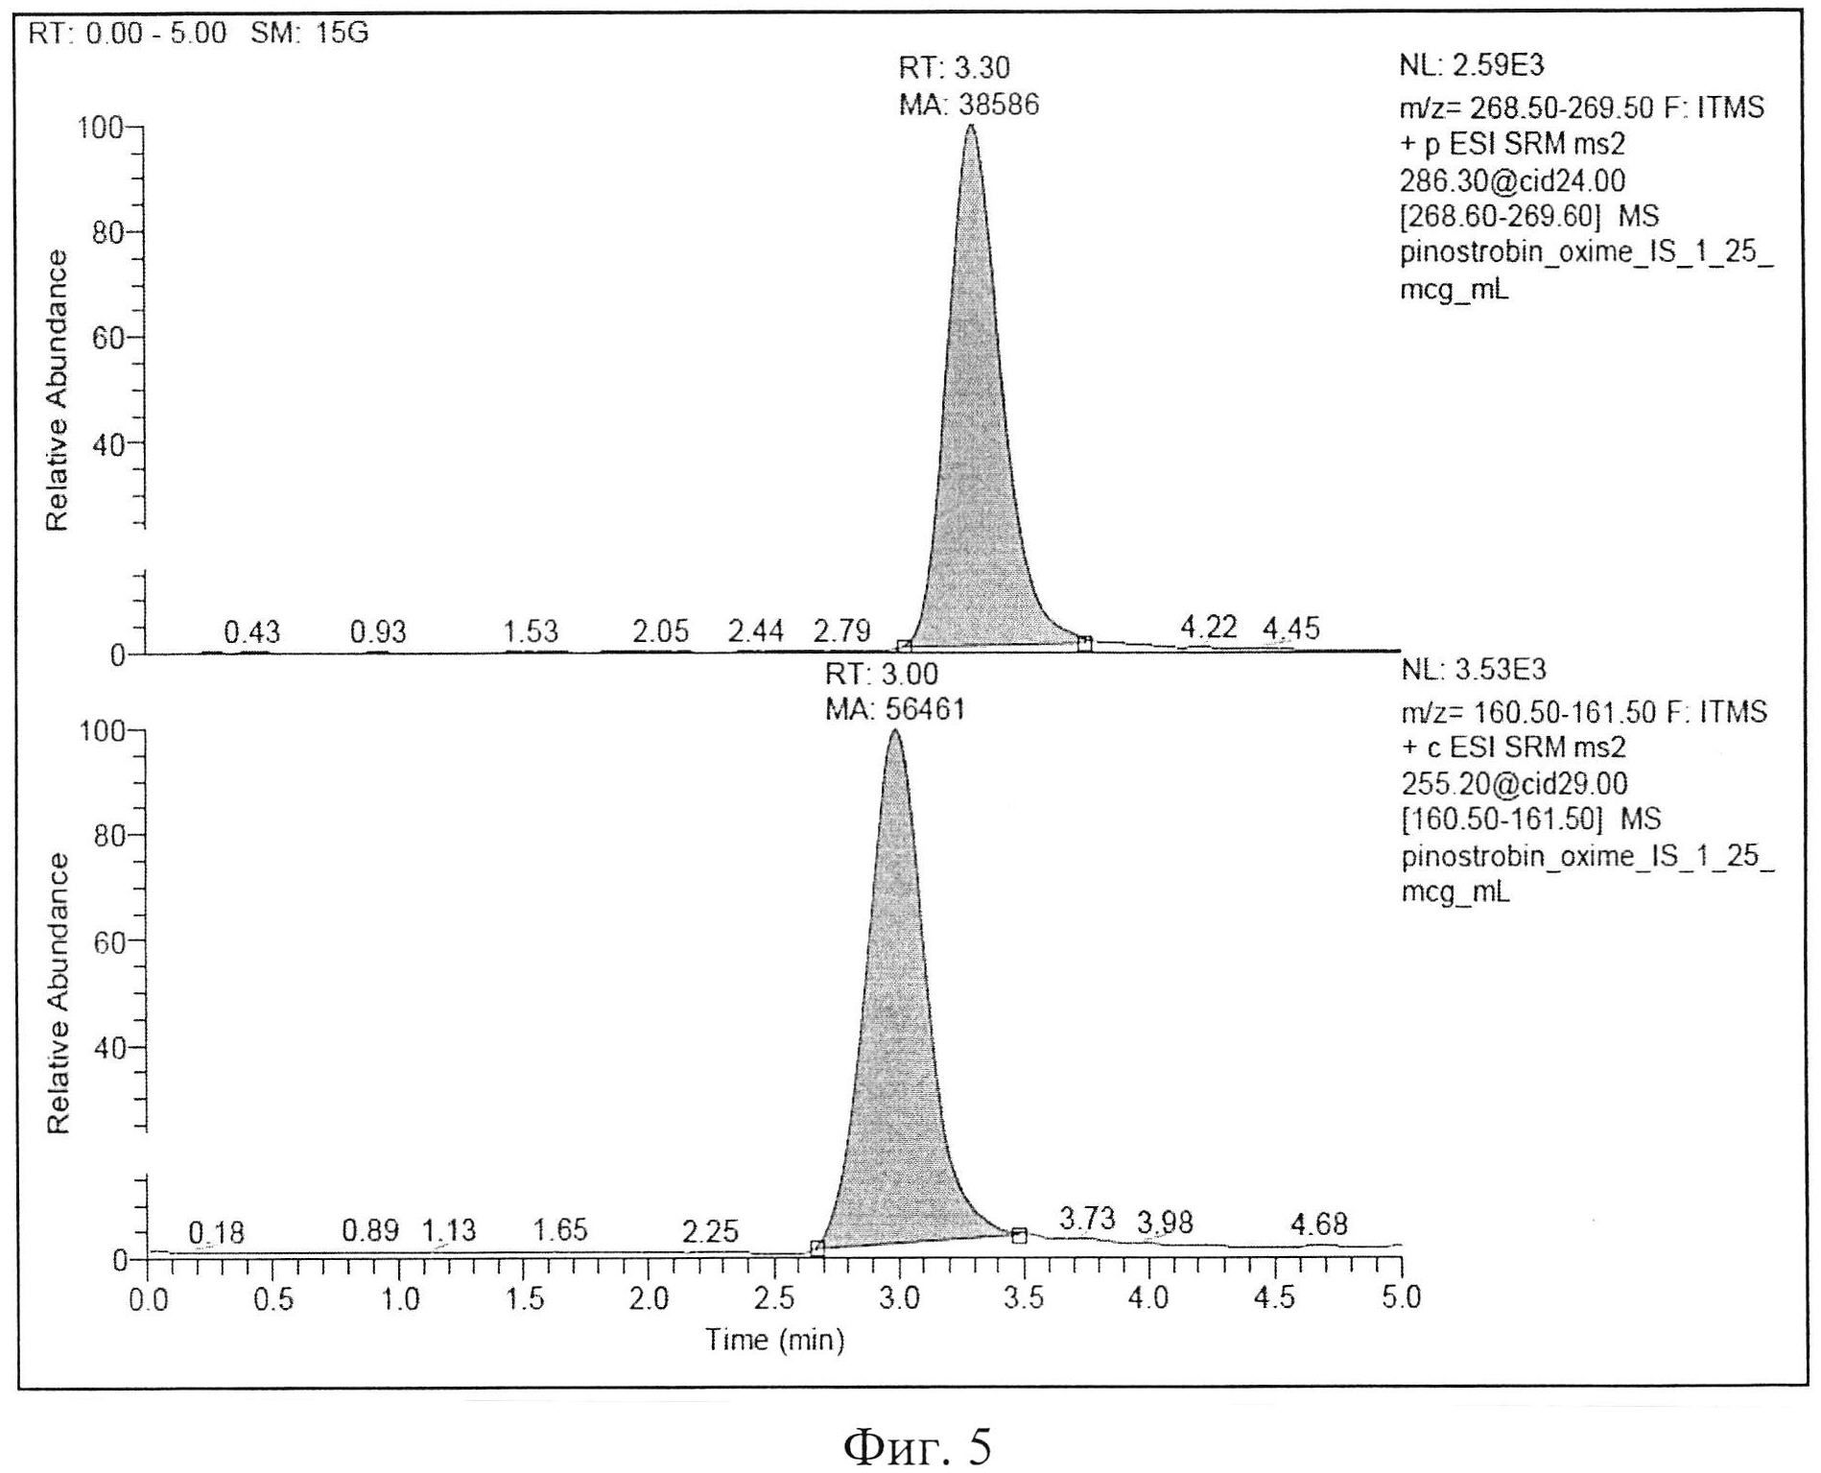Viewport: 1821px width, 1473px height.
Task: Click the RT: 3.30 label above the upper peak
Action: [954, 68]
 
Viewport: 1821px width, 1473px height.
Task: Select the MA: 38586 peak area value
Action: [968, 105]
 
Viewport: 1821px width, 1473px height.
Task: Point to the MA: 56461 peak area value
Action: [895, 709]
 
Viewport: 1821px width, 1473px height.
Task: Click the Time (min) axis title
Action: [775, 1340]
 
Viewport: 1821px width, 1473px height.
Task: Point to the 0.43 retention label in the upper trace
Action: [251, 632]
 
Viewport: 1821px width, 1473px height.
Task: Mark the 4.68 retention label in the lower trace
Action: [1318, 1224]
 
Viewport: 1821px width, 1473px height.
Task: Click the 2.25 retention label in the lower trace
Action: [710, 1231]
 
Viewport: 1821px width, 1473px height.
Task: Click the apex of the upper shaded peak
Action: [970, 126]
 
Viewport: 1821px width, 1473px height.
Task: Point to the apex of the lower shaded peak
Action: [895, 731]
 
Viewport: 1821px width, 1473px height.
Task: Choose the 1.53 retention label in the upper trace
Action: [531, 631]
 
